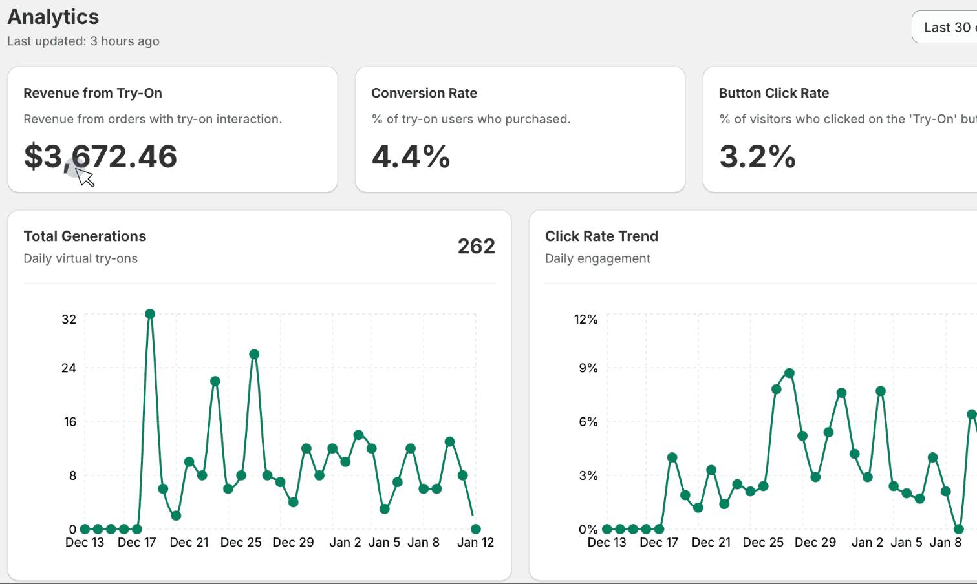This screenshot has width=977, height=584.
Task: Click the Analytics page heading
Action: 53,17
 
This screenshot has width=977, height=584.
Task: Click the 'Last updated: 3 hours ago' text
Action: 83,41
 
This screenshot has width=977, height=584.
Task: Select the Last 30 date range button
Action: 945,27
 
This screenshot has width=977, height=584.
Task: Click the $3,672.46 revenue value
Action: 100,156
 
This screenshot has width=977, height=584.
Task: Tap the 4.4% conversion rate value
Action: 411,156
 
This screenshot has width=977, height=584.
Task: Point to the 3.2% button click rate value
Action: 757,156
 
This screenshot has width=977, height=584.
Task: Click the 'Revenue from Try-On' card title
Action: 92,93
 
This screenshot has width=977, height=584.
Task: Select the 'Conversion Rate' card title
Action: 424,93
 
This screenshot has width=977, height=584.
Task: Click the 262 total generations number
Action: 476,246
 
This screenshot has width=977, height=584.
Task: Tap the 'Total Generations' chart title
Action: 85,236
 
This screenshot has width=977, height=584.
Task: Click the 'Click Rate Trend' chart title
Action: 601,236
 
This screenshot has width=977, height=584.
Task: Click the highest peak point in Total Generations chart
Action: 150,314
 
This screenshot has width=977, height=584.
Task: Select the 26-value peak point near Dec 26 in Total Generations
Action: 254,354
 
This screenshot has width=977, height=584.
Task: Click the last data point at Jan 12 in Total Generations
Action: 475,529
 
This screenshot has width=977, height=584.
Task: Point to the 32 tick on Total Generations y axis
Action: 69,319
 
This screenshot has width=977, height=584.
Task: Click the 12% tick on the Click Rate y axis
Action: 585,319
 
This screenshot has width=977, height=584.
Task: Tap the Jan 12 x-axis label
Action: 475,543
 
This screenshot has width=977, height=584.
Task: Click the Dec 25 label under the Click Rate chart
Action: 763,543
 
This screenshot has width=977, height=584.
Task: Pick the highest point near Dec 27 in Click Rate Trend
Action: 789,373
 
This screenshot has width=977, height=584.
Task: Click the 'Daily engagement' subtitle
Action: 597,258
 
